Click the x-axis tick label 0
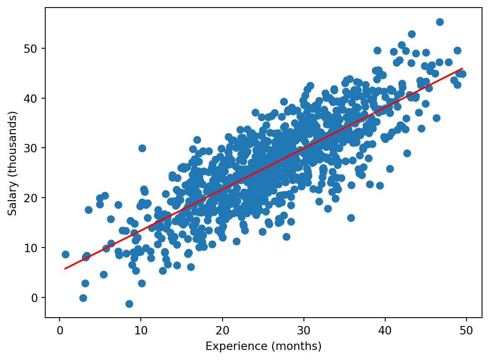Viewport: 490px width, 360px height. click(60, 330)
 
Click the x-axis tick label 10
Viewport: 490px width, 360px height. click(141, 330)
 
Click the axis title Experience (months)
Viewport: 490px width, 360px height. click(263, 347)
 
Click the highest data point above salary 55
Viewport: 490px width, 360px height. click(440, 22)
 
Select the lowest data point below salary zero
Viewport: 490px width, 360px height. click(129, 304)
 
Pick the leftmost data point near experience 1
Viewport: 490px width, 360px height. click(65, 254)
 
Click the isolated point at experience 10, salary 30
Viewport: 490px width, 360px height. click(142, 148)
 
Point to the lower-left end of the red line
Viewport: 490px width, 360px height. click(65, 269)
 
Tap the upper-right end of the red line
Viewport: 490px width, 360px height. click(462, 68)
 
